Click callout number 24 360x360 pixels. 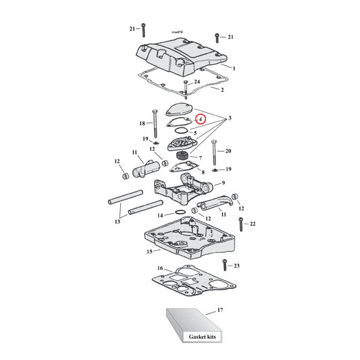pos(197,82)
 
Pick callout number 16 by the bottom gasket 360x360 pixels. pos(161,269)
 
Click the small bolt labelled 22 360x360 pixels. pos(240,223)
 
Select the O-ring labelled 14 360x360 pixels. pos(180,212)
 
